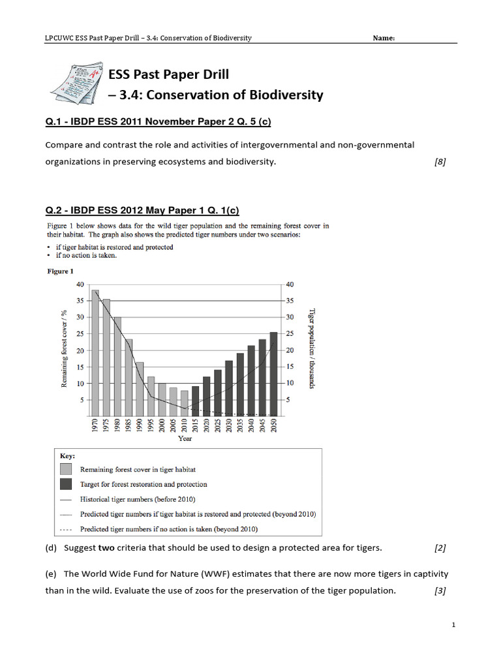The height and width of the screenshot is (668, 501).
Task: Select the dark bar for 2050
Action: coord(273,373)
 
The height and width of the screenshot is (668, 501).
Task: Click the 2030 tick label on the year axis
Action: coord(229,427)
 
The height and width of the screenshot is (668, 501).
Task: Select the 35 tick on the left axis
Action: coord(80,301)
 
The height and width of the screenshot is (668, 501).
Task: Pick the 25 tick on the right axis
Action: coord(291,334)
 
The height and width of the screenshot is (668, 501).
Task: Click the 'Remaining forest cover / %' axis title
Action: coord(65,349)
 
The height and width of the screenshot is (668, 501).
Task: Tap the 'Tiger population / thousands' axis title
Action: coord(312,349)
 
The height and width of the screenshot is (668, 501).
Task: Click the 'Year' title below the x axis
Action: coord(185,439)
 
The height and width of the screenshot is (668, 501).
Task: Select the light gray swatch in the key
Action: coord(66,469)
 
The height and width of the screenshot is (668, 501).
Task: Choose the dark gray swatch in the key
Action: coord(66,484)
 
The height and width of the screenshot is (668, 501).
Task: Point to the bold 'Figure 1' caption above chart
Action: coord(60,271)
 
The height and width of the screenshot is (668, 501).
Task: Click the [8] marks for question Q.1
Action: coord(440,162)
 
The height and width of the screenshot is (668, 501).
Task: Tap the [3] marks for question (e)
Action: coord(440,590)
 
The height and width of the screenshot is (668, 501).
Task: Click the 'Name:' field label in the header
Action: coord(383,38)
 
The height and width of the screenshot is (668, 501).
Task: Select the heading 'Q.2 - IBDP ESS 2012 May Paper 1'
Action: coord(142,210)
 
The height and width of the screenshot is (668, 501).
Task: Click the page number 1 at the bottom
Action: coord(453,626)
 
